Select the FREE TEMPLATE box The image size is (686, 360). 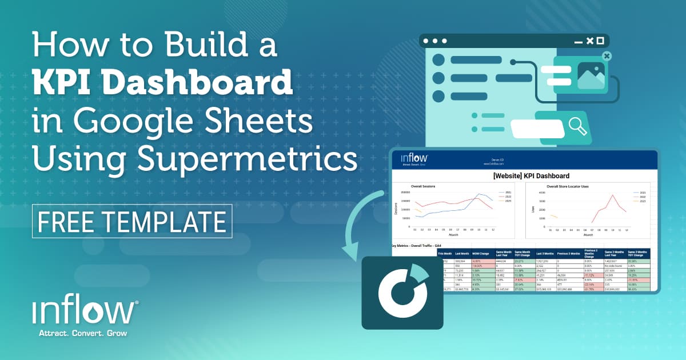click(132, 221)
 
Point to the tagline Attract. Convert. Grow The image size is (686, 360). click(82, 333)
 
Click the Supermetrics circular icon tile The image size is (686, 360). click(402, 293)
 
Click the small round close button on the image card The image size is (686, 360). click(607, 56)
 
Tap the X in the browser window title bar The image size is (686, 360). click(600, 41)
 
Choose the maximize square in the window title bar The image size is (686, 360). click(589, 41)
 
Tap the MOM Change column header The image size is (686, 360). click(484, 253)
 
